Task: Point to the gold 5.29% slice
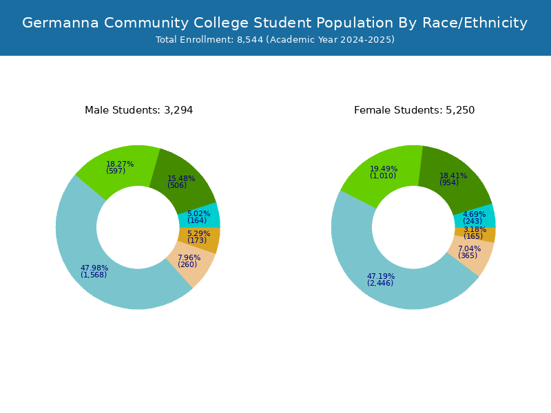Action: click(199, 237)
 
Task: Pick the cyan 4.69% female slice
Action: click(475, 218)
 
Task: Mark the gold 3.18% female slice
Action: click(475, 233)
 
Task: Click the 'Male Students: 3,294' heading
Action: click(139, 110)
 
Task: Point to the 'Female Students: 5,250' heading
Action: click(415, 110)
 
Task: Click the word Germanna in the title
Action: click(61, 23)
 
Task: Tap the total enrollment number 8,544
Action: click(250, 40)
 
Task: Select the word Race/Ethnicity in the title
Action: click(475, 23)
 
